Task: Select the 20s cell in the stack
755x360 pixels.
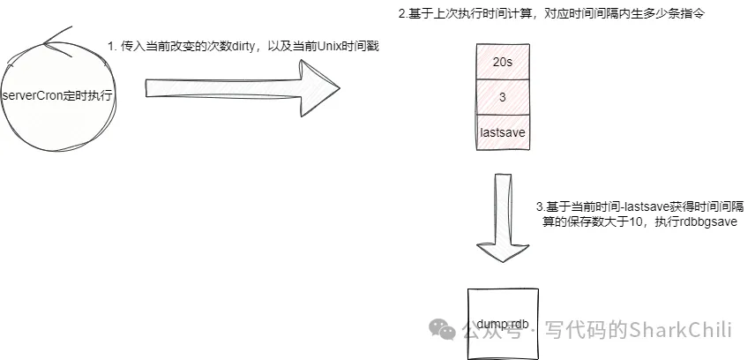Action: click(502, 63)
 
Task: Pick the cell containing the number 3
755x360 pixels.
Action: click(502, 97)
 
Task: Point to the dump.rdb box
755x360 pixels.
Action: click(502, 323)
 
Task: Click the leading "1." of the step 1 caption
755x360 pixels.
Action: click(112, 46)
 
